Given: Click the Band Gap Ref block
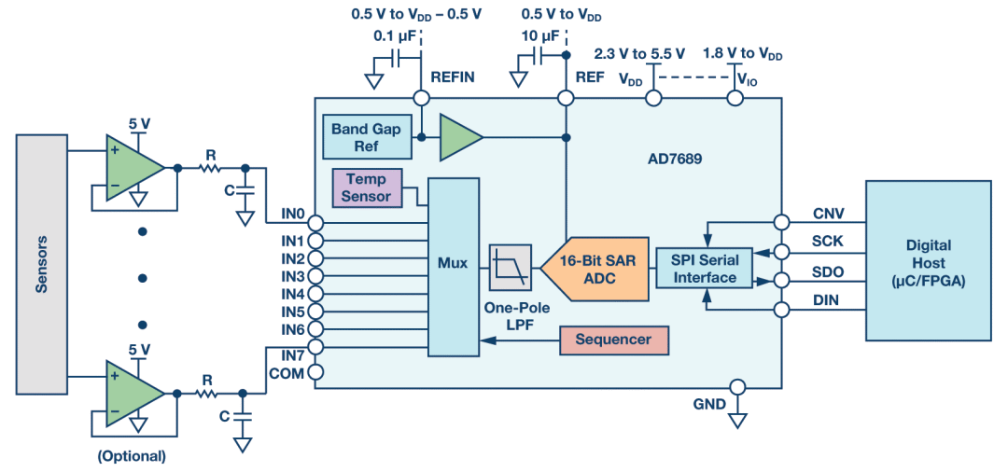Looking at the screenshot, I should click(366, 137).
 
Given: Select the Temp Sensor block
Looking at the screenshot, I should click(366, 187).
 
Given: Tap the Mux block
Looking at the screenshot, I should click(453, 265).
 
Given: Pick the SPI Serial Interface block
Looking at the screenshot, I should click(705, 269).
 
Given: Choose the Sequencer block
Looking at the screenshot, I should click(613, 340).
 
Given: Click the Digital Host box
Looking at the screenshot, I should click(928, 261).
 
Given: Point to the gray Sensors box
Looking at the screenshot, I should click(42, 263).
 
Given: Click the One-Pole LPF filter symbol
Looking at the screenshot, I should click(511, 269).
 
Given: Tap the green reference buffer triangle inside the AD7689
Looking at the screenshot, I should click(457, 137).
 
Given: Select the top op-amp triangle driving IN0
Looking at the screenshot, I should click(131, 169).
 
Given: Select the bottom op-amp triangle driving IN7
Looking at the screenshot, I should click(131, 393).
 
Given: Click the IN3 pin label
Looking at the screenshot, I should click(293, 277).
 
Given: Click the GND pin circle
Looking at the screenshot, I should click(737, 386).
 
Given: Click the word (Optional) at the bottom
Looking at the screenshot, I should click(132, 456).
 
